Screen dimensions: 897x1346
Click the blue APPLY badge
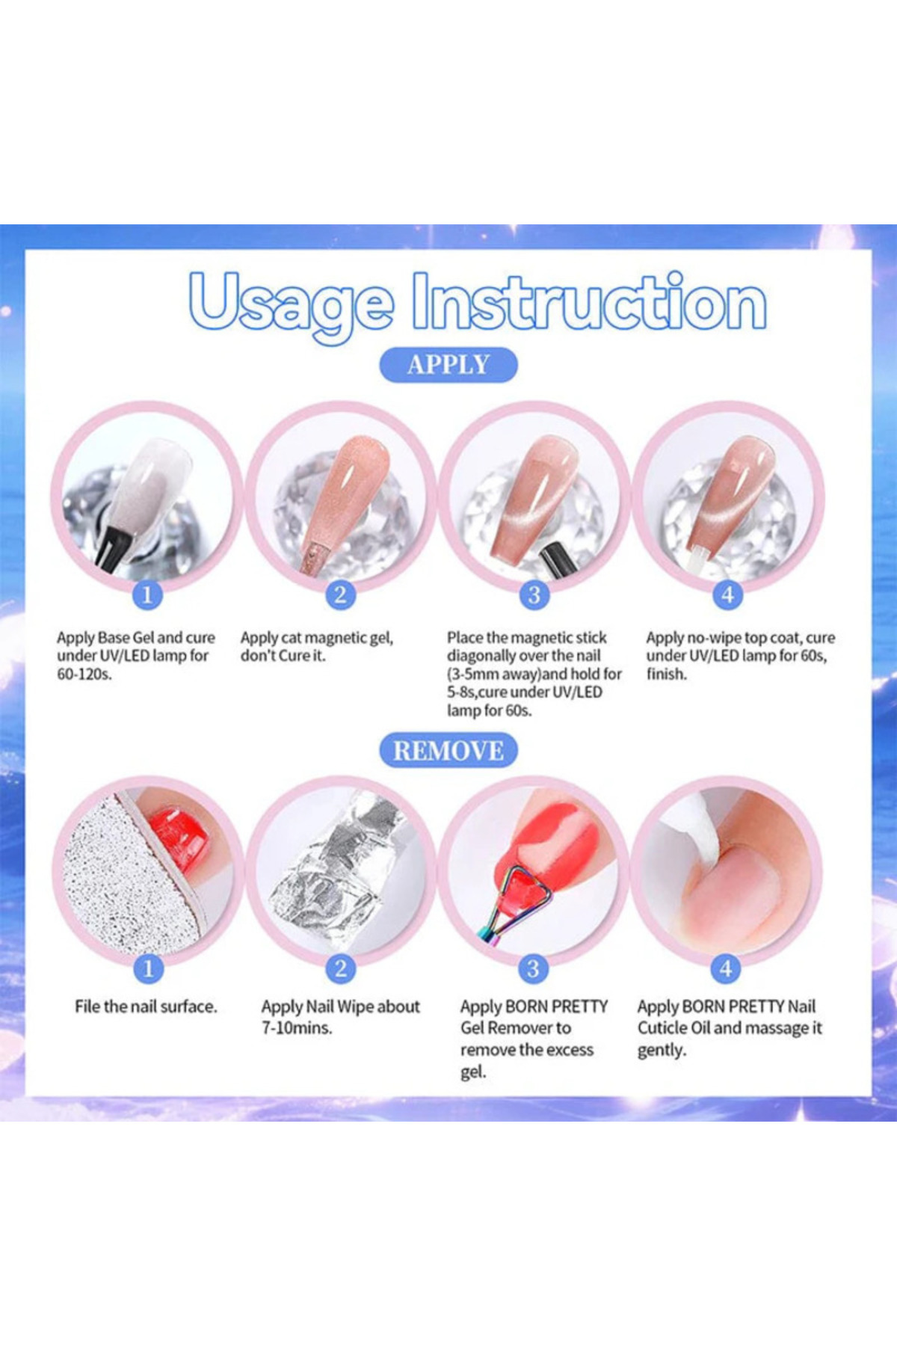449,365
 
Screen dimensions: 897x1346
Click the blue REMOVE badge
449,751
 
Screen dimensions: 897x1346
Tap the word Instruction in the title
591,301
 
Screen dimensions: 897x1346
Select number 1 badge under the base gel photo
147,594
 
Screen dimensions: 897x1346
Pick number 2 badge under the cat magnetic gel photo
340,594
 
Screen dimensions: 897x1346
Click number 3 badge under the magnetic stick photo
534,594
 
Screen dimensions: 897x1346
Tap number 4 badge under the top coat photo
727,594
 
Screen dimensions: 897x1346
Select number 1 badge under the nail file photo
148,968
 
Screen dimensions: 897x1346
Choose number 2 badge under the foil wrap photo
341,968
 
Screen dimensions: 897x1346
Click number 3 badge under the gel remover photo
533,968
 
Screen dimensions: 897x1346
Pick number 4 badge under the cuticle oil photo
726,968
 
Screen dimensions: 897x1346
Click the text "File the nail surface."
146,1007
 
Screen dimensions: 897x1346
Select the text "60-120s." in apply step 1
84,674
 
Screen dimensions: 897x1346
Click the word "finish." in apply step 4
667,674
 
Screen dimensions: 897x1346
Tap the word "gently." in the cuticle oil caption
662,1051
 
